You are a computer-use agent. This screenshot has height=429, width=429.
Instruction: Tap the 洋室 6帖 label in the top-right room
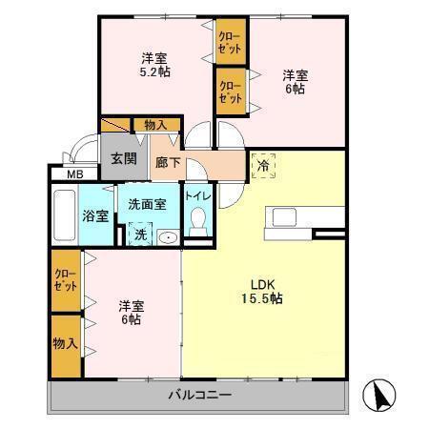coord(294,80)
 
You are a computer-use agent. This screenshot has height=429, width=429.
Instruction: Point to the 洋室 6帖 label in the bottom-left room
coord(131,313)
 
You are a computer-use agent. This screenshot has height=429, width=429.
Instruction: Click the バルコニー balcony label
coord(200,395)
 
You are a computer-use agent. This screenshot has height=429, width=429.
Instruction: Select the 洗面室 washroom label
coord(148,203)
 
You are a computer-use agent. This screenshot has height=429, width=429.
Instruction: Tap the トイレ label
coord(198,196)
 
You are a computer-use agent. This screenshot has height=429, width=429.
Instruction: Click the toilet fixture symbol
coord(198,222)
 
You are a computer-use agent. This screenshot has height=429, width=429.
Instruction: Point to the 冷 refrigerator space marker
coord(263,164)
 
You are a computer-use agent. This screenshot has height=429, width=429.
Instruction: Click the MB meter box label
coord(73,174)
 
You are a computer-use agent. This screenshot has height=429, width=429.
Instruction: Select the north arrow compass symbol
coord(381,393)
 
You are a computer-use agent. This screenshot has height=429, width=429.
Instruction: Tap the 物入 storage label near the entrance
coord(155,125)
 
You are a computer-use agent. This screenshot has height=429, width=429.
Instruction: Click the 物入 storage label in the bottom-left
coord(66,343)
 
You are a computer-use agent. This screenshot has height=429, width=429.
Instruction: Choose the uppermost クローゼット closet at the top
coord(230,42)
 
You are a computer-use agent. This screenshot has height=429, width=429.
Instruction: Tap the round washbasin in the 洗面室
coord(168,236)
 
